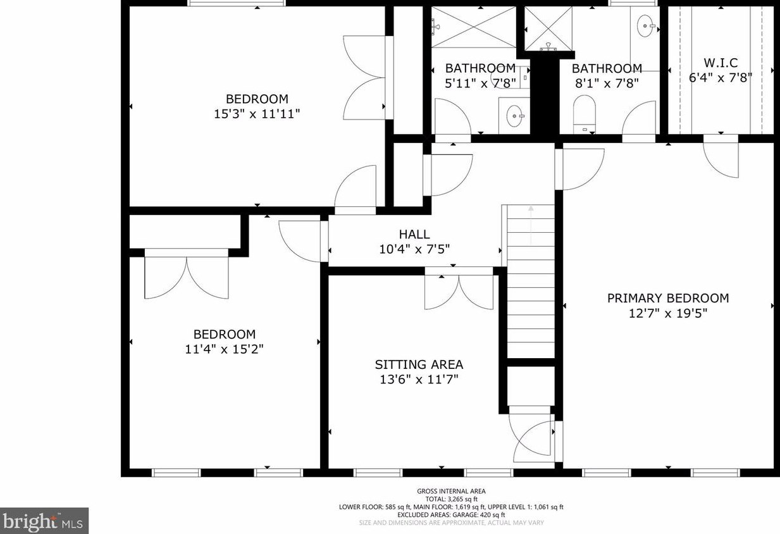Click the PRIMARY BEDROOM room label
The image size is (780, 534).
[x=668, y=298]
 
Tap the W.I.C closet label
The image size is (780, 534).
[x=721, y=63]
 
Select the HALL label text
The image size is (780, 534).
[x=414, y=234]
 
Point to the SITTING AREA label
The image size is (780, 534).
[x=419, y=364]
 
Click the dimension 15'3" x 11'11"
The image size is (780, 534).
[x=257, y=114]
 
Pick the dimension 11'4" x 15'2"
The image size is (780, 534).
[x=224, y=349]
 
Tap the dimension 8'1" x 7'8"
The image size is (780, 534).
[x=607, y=84]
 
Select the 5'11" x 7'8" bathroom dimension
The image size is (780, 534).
[x=480, y=84]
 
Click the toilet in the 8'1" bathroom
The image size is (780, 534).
[x=585, y=115]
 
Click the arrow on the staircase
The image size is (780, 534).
[x=531, y=225]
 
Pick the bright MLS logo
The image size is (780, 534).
[x=44, y=521]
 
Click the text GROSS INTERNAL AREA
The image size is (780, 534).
[x=451, y=491]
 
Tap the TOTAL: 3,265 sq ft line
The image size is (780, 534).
[x=451, y=499]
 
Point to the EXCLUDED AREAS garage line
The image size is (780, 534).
[x=451, y=515]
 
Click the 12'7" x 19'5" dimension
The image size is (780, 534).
[x=668, y=313]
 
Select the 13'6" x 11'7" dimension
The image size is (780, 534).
[x=419, y=380]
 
